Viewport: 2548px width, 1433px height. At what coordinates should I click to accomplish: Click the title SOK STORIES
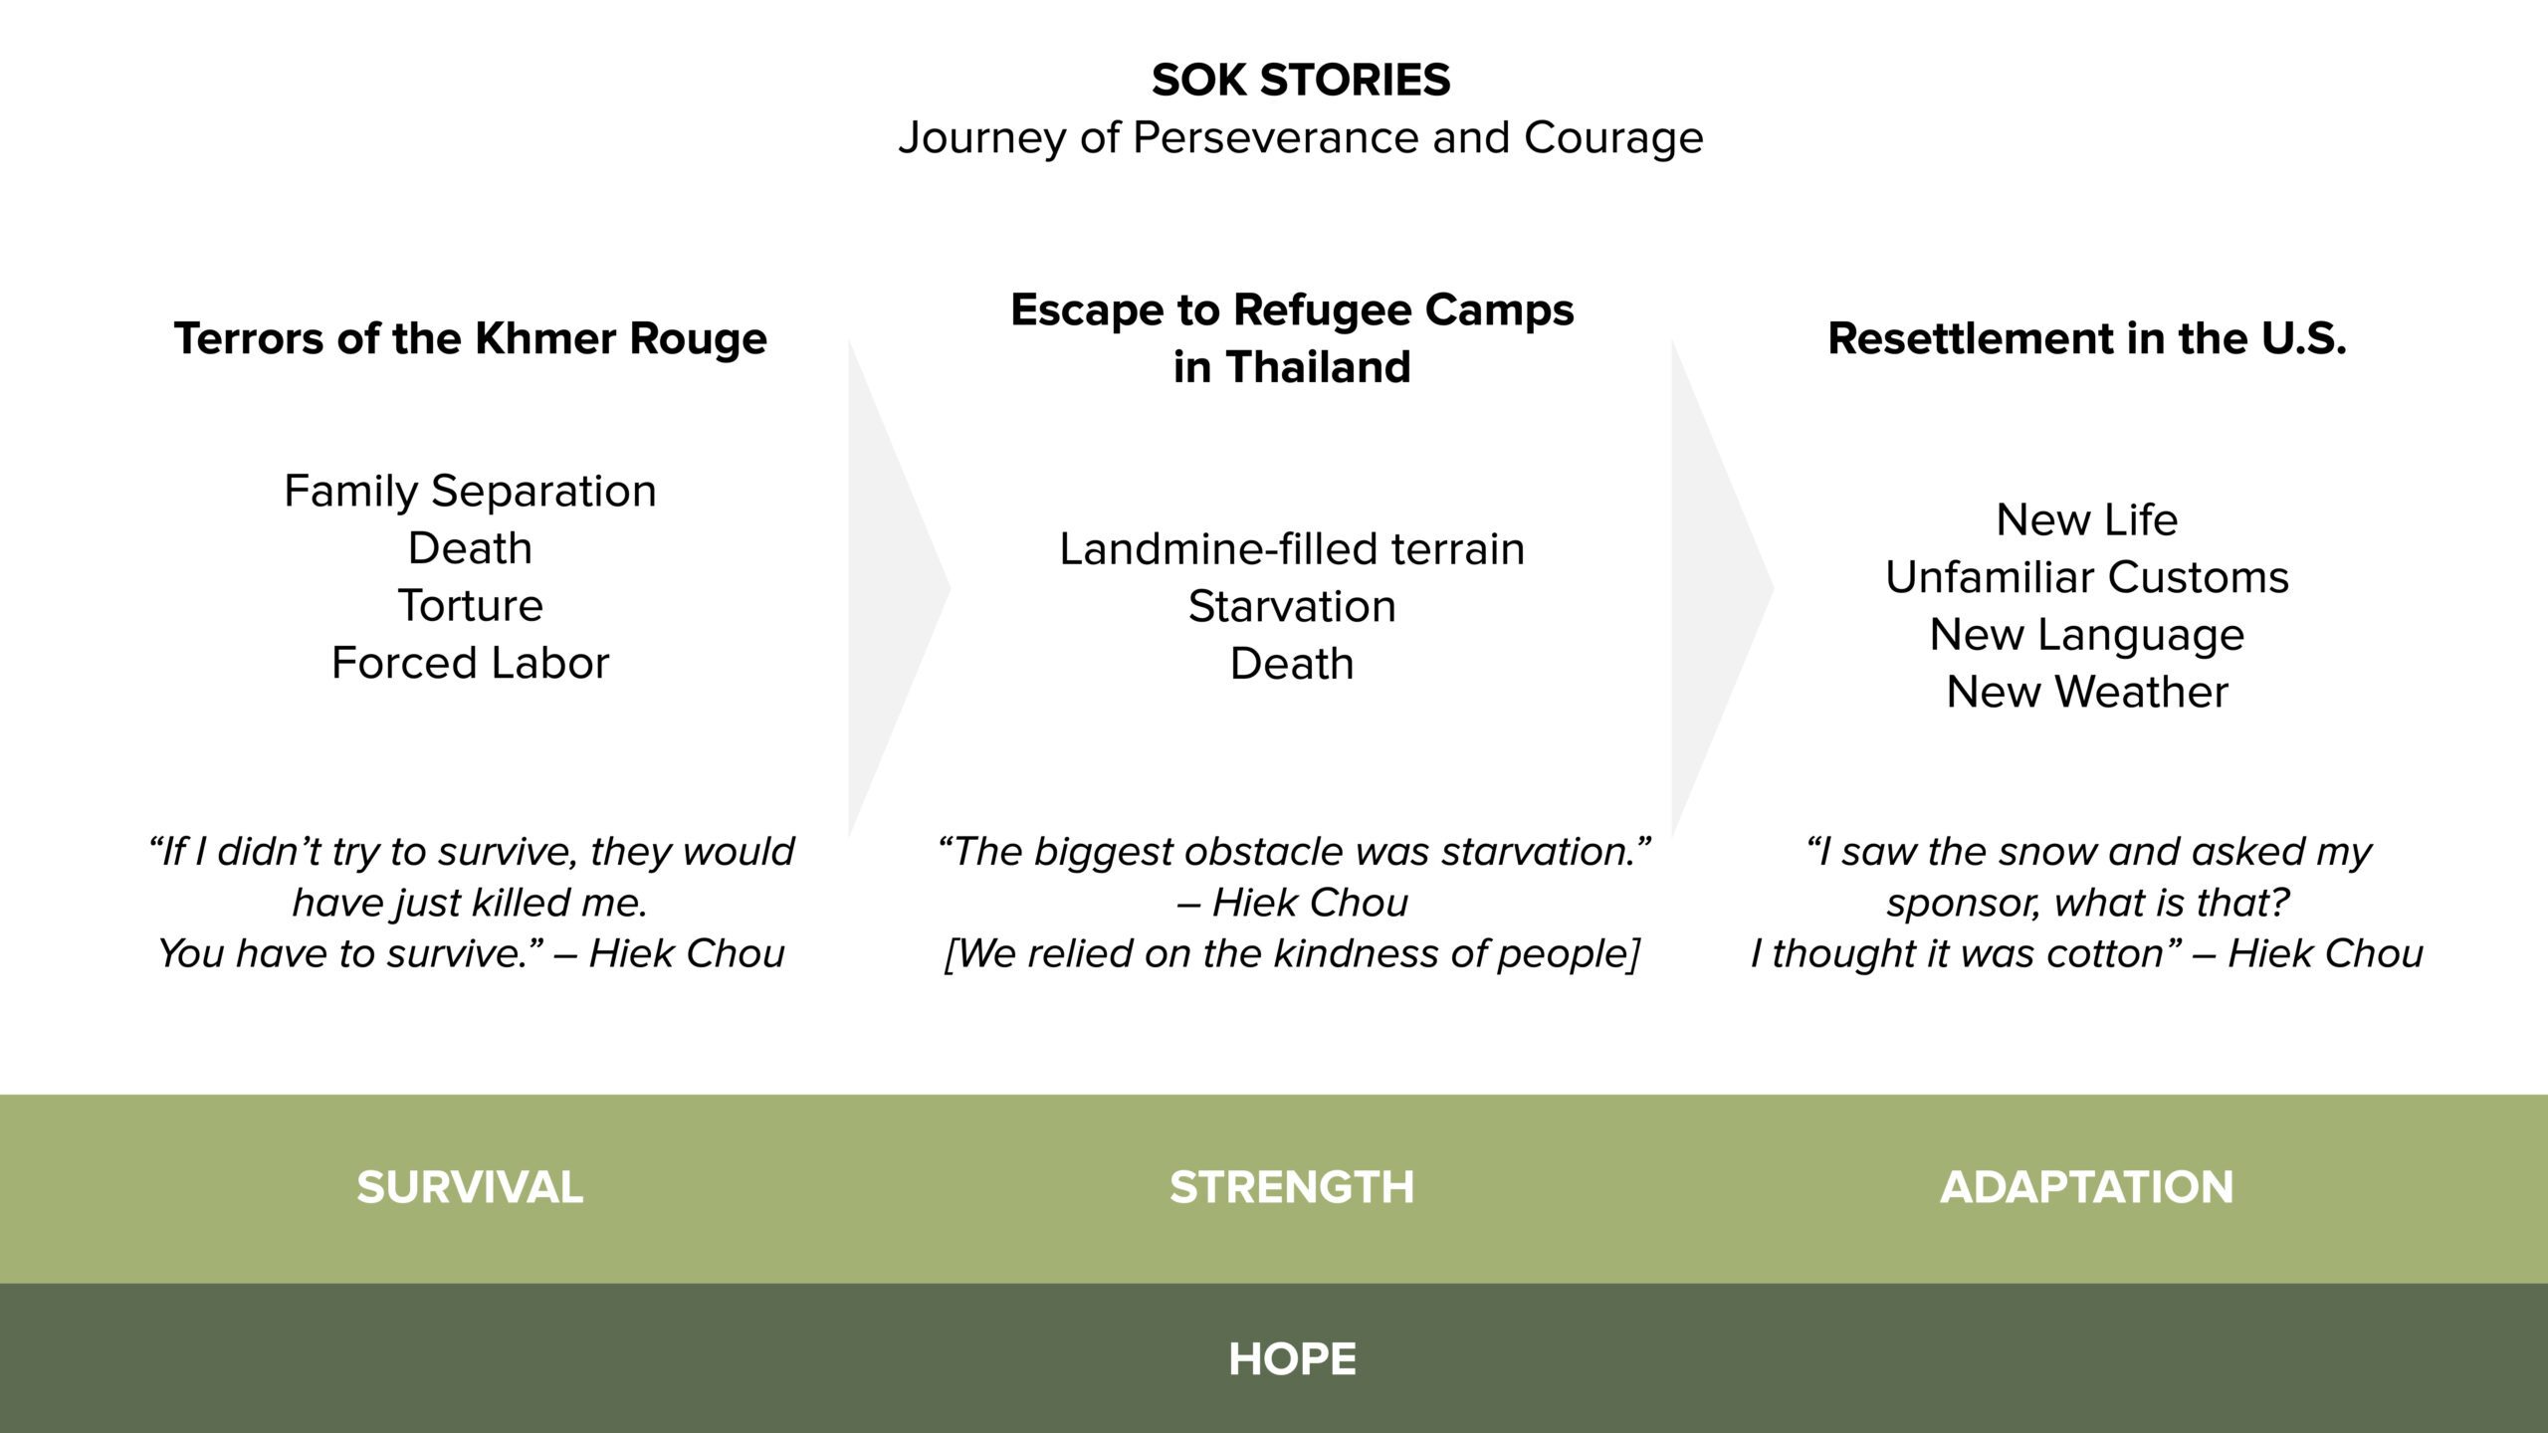coord(1301,80)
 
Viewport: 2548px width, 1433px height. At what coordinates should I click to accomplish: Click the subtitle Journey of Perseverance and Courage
coord(1301,137)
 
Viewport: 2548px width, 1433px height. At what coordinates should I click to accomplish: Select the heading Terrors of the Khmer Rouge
coord(471,338)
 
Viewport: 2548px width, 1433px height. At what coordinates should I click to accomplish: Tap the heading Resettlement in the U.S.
coord(2087,338)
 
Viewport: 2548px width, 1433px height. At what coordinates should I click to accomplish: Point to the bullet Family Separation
coord(471,492)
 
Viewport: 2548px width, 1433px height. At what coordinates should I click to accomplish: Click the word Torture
coord(471,605)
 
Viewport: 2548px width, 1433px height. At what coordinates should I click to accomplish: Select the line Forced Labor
coord(471,663)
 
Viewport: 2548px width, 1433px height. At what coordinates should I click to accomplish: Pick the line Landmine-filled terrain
coord(1292,548)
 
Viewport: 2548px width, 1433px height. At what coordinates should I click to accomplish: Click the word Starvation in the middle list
coord(1292,606)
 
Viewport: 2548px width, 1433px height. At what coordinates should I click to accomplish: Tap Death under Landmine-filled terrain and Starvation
coord(1292,664)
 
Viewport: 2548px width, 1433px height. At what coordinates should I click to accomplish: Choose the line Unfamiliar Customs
coord(2087,577)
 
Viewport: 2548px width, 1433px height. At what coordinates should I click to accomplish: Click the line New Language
coord(2087,635)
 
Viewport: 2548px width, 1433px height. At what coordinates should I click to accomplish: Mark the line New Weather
coord(2087,692)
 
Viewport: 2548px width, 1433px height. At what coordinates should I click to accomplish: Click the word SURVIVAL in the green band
coord(470,1187)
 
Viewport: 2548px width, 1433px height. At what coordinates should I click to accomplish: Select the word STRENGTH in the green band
coord(1292,1187)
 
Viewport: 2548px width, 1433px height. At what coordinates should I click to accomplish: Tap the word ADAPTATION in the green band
coord(2087,1187)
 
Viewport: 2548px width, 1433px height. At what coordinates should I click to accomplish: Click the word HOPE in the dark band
coord(1292,1359)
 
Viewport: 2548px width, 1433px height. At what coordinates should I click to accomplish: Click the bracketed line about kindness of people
coord(1292,953)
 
